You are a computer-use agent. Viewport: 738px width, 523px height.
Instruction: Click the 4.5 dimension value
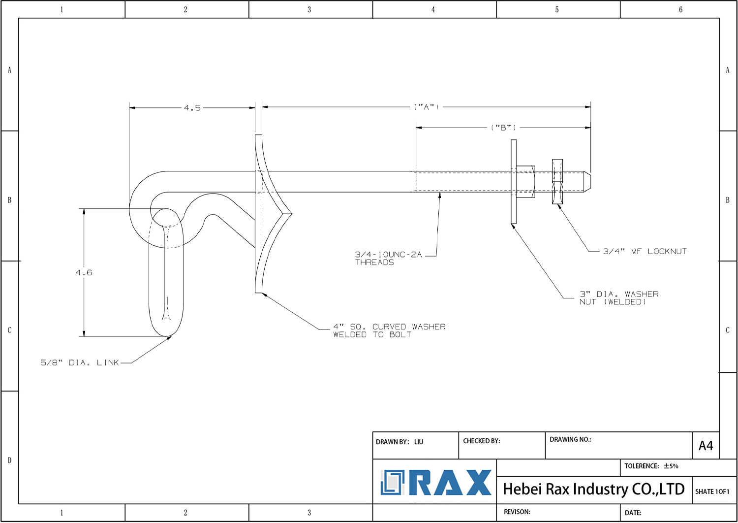192,108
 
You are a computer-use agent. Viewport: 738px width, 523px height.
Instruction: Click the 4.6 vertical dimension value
84,272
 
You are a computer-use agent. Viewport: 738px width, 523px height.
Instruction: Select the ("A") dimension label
427,107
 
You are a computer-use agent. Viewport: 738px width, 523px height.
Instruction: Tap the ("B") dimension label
503,127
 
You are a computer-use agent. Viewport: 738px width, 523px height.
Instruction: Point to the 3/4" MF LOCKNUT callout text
645,251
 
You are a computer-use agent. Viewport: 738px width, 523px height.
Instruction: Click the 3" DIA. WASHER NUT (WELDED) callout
619,298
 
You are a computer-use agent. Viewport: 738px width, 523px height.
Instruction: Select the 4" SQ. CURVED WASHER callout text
389,330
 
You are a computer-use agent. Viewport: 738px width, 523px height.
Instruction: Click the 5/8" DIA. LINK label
79,363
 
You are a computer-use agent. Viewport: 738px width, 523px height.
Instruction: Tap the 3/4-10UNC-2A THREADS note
388,258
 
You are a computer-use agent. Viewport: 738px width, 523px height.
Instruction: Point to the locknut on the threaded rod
557,181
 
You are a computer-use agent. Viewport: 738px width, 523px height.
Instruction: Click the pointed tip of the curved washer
292,214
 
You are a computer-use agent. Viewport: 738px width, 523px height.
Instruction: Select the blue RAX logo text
450,483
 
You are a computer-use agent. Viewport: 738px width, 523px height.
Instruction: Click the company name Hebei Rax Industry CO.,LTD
594,489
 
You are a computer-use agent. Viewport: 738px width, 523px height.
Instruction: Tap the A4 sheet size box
706,446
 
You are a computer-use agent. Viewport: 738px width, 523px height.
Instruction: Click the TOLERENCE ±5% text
651,466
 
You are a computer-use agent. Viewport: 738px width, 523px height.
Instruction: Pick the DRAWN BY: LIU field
400,442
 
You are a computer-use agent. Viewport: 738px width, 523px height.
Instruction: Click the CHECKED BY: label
481,441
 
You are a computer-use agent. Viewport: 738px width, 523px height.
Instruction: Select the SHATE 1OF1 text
712,491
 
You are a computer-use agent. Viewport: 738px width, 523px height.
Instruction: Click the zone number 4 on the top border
433,9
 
